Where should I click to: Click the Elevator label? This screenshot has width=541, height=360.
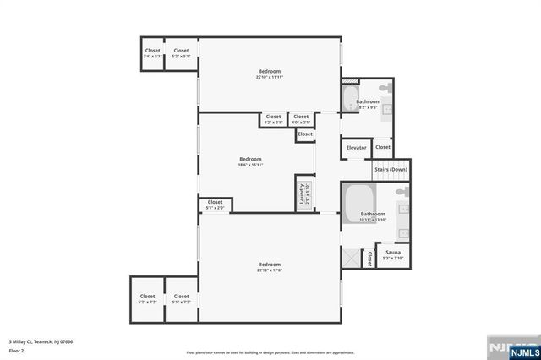(356, 148)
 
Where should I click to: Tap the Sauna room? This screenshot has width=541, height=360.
(393, 255)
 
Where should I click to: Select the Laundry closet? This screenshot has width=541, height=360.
(303, 194)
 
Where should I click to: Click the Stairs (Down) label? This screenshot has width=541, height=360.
(391, 169)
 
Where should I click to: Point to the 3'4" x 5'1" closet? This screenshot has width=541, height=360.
(152, 53)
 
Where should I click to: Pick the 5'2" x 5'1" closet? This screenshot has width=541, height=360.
(181, 53)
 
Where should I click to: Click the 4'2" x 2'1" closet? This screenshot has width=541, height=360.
(273, 119)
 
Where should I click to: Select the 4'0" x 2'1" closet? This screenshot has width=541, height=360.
(301, 119)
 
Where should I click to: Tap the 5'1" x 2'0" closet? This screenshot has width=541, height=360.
(215, 205)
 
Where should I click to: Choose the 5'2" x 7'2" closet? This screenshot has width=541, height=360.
(147, 299)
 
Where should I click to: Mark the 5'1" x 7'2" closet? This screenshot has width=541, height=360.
(181, 299)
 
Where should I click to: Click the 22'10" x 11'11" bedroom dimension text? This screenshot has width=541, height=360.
(269, 78)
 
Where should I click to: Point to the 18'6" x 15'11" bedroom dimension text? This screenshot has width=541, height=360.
(250, 165)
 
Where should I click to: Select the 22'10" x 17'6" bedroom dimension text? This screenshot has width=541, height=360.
(269, 270)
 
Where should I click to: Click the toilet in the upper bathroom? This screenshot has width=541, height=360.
(384, 88)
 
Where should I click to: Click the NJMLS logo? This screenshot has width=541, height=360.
(512, 348)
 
